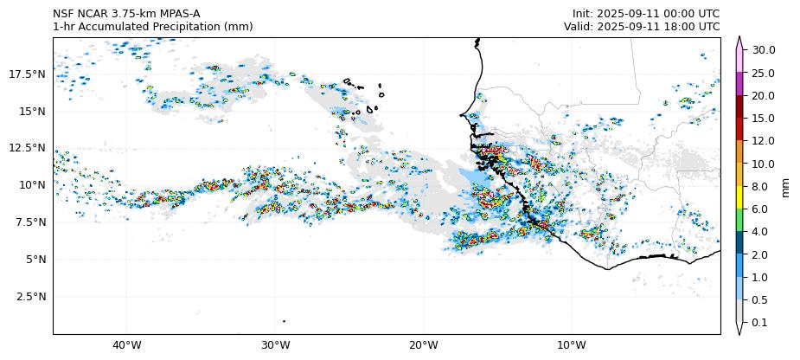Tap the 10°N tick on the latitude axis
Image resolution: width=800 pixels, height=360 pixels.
tap(34, 185)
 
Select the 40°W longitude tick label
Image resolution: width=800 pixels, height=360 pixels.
tap(127, 346)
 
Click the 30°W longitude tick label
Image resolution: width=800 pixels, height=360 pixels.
tap(275, 346)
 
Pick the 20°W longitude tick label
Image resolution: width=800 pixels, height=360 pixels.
tap(424, 346)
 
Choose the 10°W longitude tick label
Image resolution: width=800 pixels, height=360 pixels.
tap(572, 346)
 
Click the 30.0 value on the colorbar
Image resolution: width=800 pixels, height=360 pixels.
tap(764, 50)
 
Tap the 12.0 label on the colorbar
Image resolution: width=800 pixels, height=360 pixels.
tap(764, 141)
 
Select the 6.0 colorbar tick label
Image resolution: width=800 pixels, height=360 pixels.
tap(761, 209)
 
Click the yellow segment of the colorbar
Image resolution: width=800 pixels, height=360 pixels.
tap(739, 197)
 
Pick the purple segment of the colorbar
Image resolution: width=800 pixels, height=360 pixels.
tap(739, 84)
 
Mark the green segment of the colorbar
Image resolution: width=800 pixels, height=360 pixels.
tap(739, 221)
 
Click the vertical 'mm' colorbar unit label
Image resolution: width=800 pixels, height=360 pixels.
tap(786, 186)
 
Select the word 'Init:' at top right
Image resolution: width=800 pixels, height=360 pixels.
tap(585, 14)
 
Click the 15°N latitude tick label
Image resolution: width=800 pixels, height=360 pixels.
tap(34, 112)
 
